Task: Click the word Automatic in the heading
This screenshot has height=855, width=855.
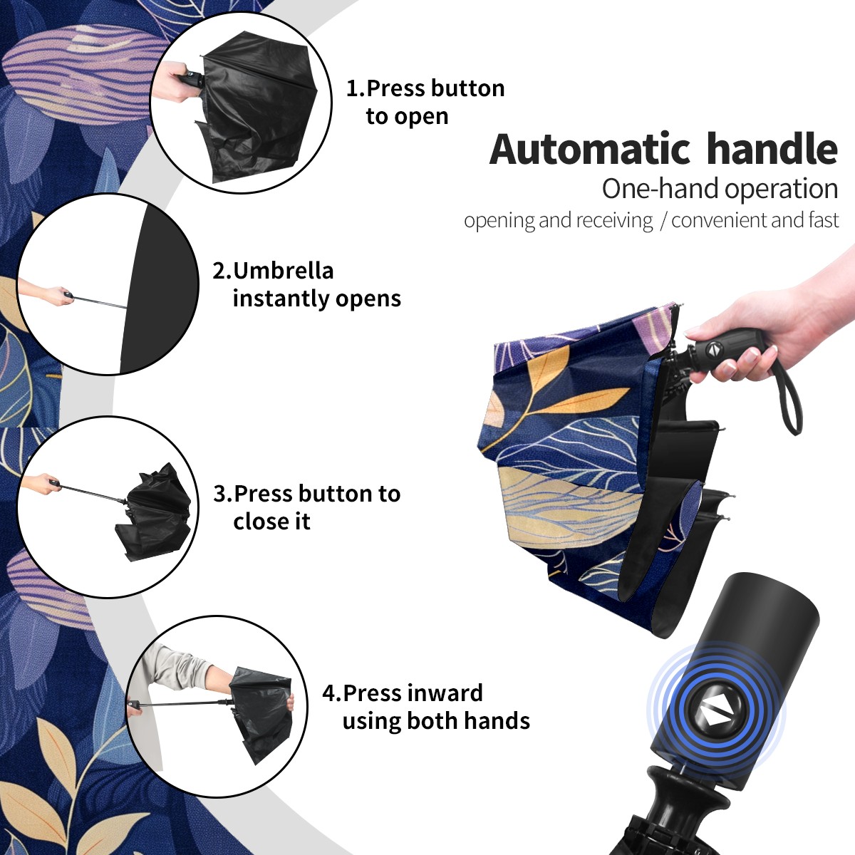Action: tap(590, 150)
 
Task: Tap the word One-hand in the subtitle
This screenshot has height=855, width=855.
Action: tap(660, 189)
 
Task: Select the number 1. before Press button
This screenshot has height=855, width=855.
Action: tap(355, 88)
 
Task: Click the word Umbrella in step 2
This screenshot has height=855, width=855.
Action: tap(283, 271)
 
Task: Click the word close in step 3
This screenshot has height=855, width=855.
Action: tap(258, 521)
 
